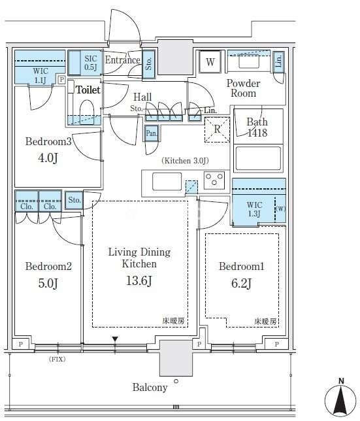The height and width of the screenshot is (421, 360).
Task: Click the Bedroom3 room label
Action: pyautogui.click(x=48, y=141)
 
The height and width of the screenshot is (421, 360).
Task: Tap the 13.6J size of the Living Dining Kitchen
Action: pyautogui.click(x=139, y=281)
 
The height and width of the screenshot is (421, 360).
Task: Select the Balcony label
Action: pyautogui.click(x=150, y=387)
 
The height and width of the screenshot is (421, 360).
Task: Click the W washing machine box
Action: pyautogui.click(x=210, y=61)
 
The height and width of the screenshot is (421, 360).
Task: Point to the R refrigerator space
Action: pyautogui.click(x=217, y=129)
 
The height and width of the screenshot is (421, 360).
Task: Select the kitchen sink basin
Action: pyautogui.click(x=167, y=182)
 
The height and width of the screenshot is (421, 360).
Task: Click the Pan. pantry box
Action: pyautogui.click(x=152, y=133)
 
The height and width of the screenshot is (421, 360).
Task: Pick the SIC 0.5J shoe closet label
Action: pyautogui.click(x=91, y=63)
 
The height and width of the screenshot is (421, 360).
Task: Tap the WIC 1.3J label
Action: pyautogui.click(x=254, y=209)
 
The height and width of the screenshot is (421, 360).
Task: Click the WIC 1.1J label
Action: pyautogui.click(x=41, y=75)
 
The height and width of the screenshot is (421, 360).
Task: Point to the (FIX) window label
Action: pyautogui.click(x=57, y=359)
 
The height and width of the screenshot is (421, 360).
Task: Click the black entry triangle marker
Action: pyautogui.click(x=115, y=339)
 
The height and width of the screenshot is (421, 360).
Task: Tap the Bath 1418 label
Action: pyautogui.click(x=257, y=127)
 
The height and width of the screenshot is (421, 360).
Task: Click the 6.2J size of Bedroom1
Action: pyautogui.click(x=242, y=283)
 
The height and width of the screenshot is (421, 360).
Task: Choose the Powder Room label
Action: pyautogui.click(x=243, y=88)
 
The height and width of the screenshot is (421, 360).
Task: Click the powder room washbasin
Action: pyautogui.click(x=249, y=63)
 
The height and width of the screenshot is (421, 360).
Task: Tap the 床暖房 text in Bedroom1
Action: pyautogui.click(x=265, y=321)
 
